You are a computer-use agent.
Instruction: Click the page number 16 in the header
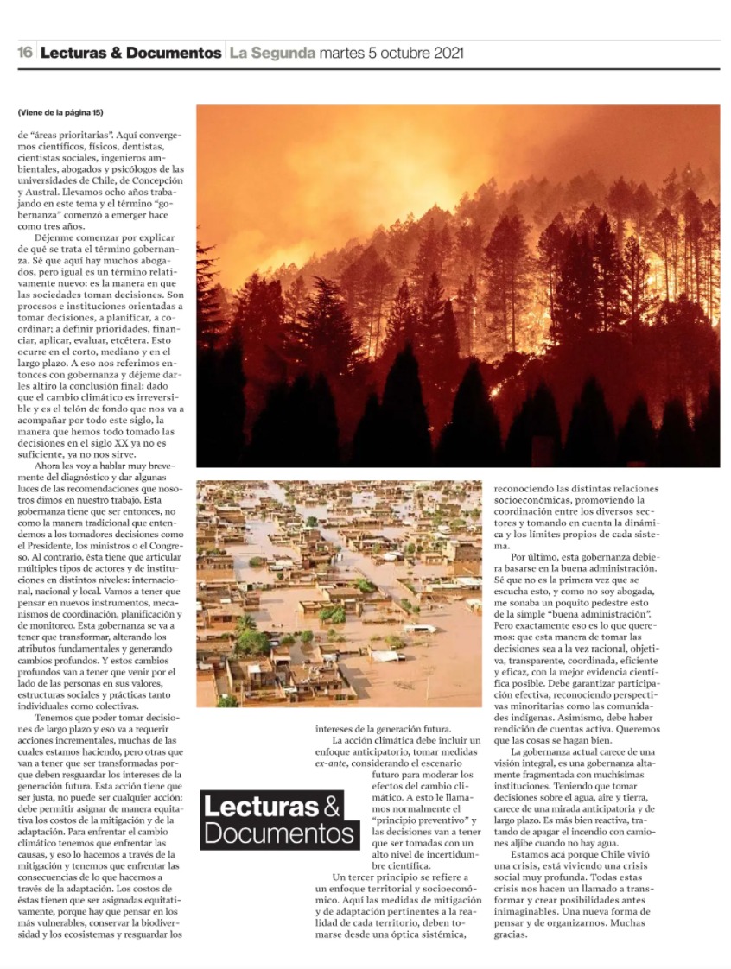(25, 53)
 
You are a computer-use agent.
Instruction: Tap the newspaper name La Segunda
(271, 53)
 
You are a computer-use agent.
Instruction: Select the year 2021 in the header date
(442, 53)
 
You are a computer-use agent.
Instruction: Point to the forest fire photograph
(458, 285)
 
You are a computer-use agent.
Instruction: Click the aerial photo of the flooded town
(339, 593)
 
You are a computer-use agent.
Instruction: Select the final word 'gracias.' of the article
(510, 934)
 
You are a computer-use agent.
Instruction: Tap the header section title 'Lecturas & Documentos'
(130, 53)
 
